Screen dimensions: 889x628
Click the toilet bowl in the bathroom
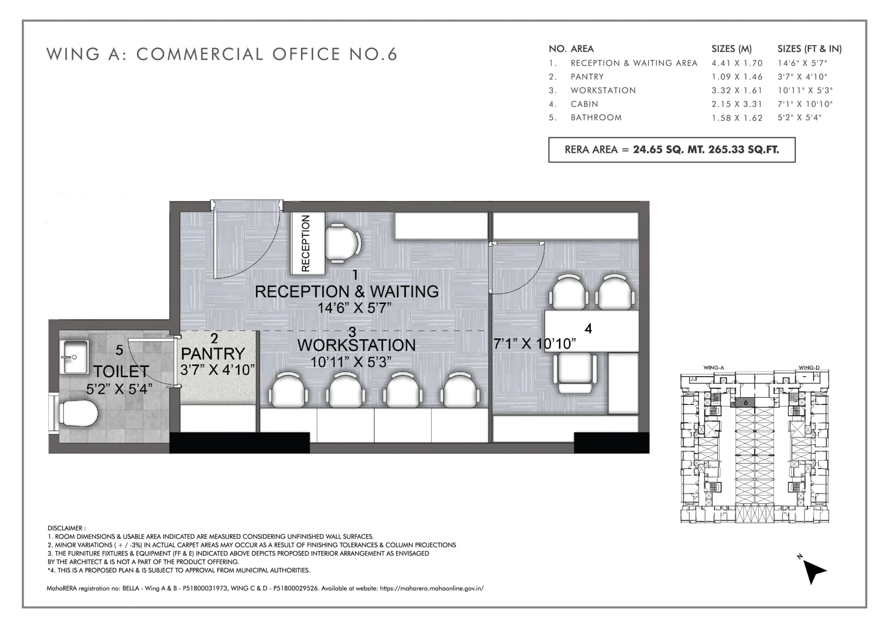pos(78,413)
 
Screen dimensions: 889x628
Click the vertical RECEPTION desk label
pos(305,243)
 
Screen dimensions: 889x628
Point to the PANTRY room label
pos(213,354)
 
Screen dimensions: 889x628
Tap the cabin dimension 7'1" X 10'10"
pos(535,343)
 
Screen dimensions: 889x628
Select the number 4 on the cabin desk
pos(588,329)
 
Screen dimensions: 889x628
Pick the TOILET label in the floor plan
pos(121,371)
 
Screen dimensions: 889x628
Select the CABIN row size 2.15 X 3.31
pos(737,104)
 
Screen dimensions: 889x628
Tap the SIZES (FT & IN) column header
pos(809,49)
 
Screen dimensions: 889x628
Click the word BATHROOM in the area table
pos(596,118)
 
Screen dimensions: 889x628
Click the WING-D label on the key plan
pos(809,368)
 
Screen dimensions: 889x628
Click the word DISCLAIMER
pos(65,528)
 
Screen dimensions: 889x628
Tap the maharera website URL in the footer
pos(432,589)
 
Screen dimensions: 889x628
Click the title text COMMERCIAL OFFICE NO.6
pos(267,54)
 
